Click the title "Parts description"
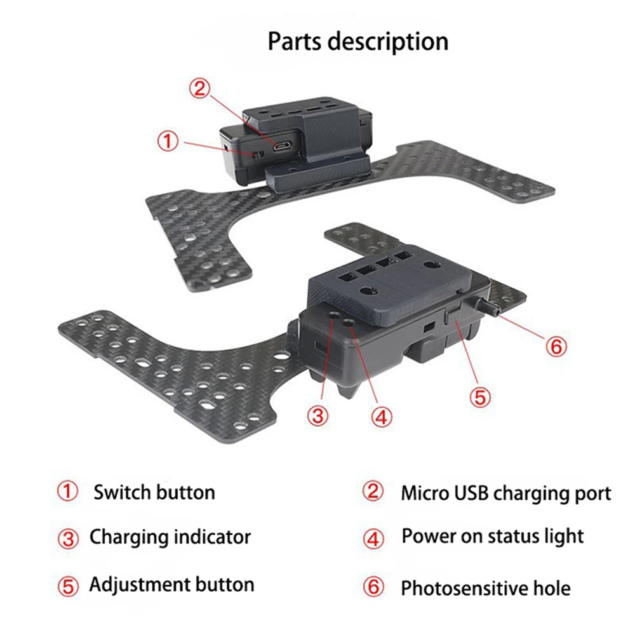coord(358,41)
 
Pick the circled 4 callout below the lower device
coord(380,417)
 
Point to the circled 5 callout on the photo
coord(480,397)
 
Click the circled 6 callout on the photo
coord(555,347)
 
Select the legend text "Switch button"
coord(154,492)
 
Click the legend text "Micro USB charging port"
coord(506,493)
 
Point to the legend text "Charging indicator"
coord(170,537)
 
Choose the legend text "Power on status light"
coord(492,537)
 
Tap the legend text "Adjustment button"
coord(171,584)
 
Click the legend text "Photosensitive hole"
coord(485,588)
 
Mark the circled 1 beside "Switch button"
coord(67,491)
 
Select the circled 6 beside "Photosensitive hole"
coord(374,587)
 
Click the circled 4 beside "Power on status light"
coord(374,538)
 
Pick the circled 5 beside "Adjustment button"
coord(67,585)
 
